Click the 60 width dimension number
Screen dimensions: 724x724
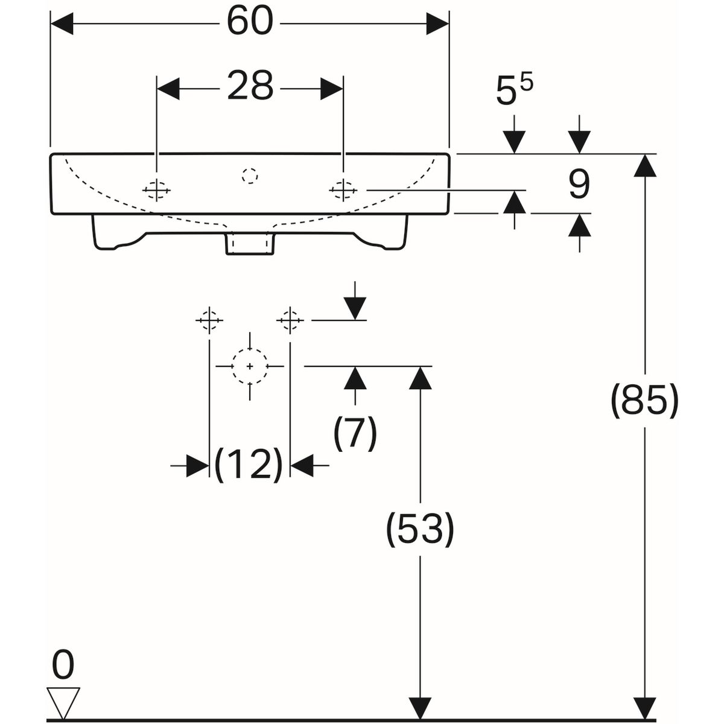250,23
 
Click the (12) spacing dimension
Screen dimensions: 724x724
249,465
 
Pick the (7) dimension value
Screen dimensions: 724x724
355,433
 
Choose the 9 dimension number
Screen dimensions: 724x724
579,185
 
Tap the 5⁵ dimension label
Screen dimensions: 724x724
514,91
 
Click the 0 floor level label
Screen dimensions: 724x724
63,665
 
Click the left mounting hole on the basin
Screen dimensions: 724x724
156,191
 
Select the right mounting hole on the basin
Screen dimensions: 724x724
343,191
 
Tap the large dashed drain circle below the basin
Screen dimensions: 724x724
250,366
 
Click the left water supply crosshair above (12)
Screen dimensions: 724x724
209,320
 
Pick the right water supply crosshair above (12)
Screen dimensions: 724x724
290,320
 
